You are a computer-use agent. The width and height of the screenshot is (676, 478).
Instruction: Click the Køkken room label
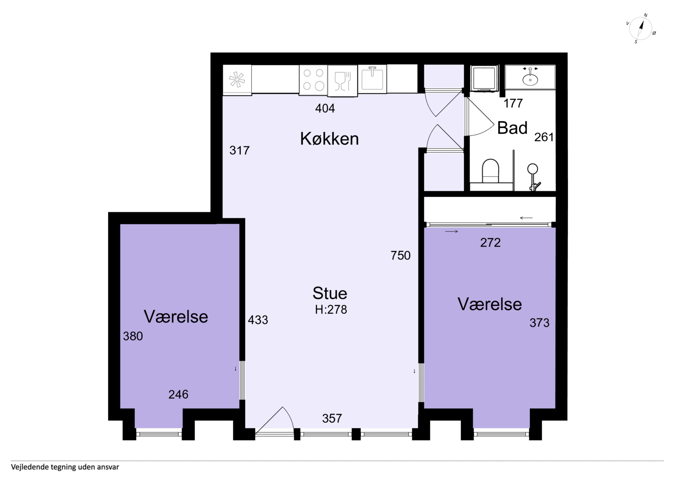(329, 139)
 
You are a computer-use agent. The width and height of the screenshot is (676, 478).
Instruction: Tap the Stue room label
(330, 293)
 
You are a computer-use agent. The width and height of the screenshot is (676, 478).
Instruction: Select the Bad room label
(512, 128)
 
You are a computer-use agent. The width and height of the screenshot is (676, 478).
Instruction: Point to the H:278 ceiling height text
(331, 310)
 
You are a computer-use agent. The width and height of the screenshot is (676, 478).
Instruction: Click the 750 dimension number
(400, 255)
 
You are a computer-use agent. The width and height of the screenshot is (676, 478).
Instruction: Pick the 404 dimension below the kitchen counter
(325, 108)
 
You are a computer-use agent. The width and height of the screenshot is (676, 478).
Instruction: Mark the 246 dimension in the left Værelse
(178, 394)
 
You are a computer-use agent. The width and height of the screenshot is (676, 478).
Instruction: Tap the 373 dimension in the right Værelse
(539, 323)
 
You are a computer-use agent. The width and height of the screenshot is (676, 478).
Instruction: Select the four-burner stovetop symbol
(313, 80)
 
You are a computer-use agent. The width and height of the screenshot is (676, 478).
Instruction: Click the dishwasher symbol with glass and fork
(342, 81)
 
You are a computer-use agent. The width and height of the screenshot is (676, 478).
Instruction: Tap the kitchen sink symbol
(372, 79)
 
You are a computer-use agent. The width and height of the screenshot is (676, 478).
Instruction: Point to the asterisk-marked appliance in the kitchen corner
(237, 80)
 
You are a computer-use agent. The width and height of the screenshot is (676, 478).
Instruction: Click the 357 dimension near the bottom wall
(332, 418)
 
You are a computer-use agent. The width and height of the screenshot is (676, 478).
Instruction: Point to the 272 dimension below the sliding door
(490, 243)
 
